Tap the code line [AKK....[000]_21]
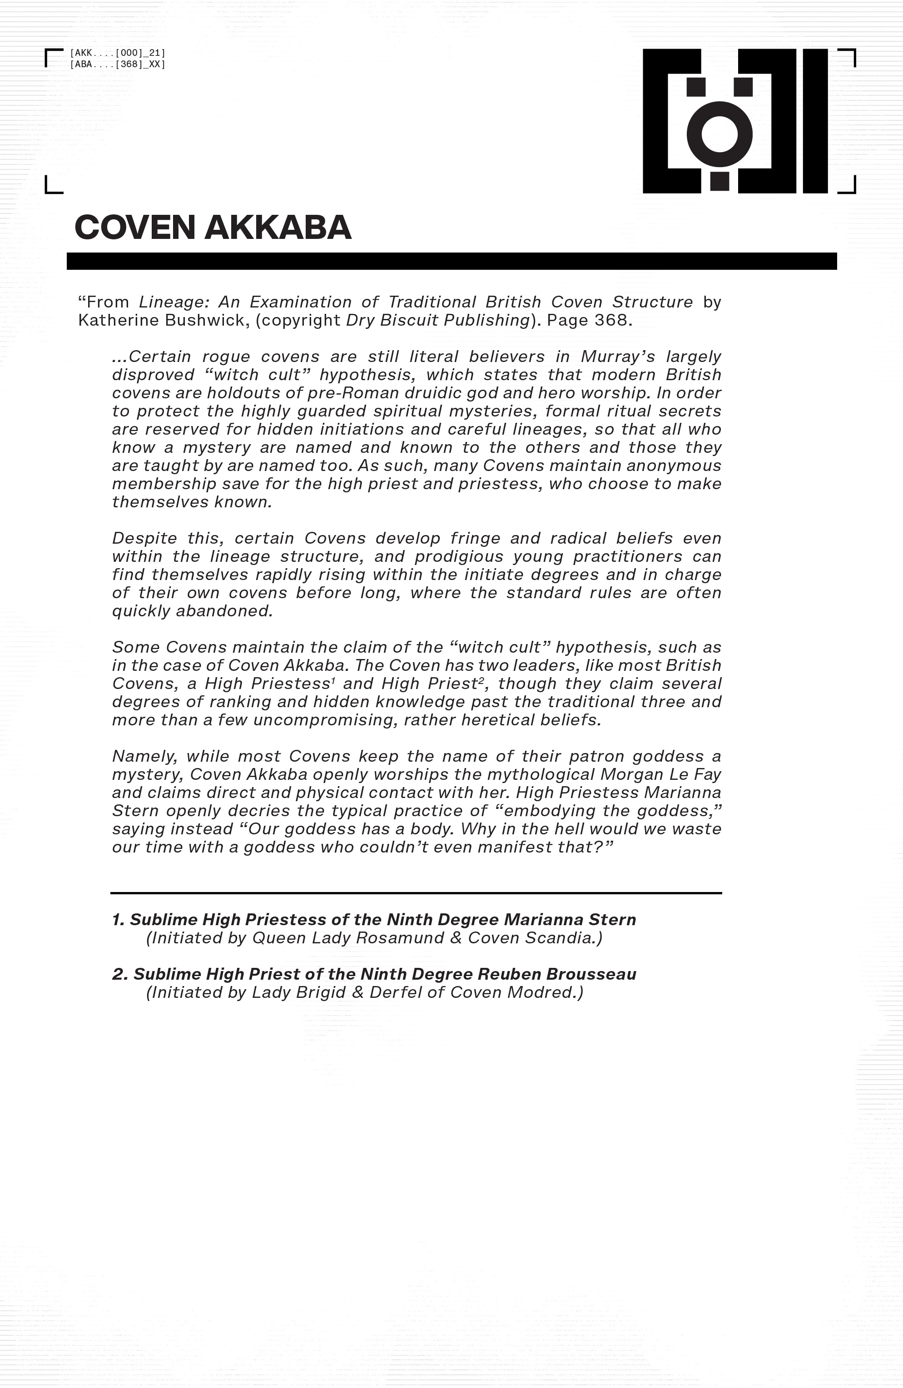coord(117,53)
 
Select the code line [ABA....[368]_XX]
coord(117,64)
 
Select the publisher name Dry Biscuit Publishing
coord(437,320)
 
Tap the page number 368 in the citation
coord(610,320)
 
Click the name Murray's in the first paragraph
coord(612,357)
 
